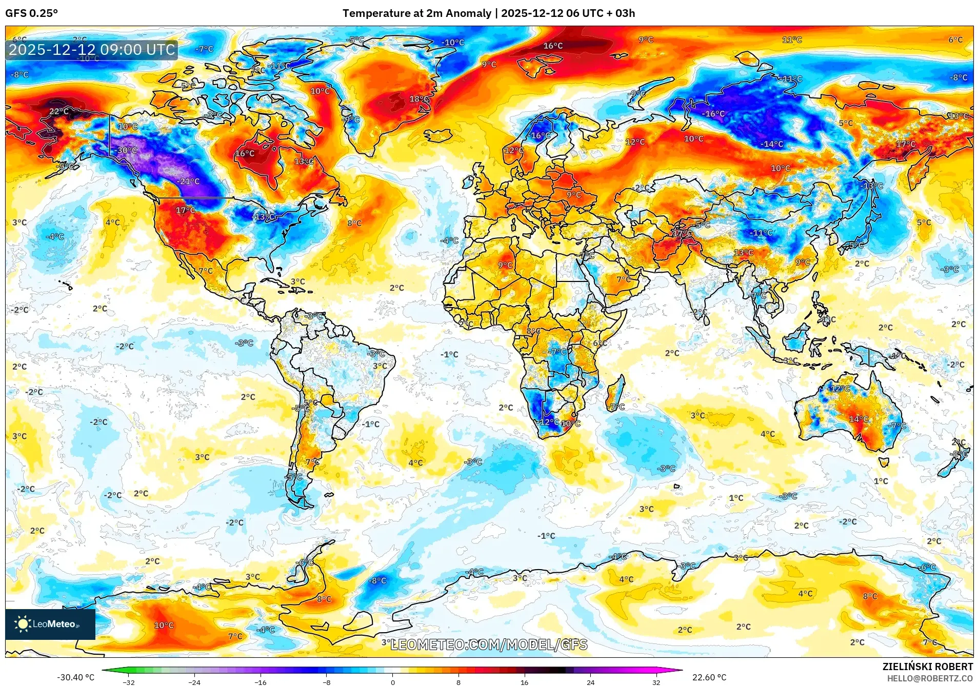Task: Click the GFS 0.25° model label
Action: (31, 13)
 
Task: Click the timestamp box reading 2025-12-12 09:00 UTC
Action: (92, 50)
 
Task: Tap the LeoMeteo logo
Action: (50, 624)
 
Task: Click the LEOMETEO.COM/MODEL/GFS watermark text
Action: (489, 644)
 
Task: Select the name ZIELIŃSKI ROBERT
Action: (927, 667)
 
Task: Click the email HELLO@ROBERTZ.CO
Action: (930, 678)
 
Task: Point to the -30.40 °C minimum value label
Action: (75, 677)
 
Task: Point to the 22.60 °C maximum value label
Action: (709, 677)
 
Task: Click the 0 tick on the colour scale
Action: (393, 682)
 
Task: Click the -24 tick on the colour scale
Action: (194, 682)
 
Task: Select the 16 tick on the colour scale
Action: (524, 682)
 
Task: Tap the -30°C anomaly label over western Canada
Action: (126, 150)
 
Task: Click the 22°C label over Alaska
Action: (59, 111)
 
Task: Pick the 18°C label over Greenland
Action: (418, 99)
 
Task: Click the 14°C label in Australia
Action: (859, 419)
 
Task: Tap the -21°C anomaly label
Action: (188, 181)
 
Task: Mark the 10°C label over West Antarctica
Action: (164, 625)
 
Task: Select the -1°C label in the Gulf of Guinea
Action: (449, 354)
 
